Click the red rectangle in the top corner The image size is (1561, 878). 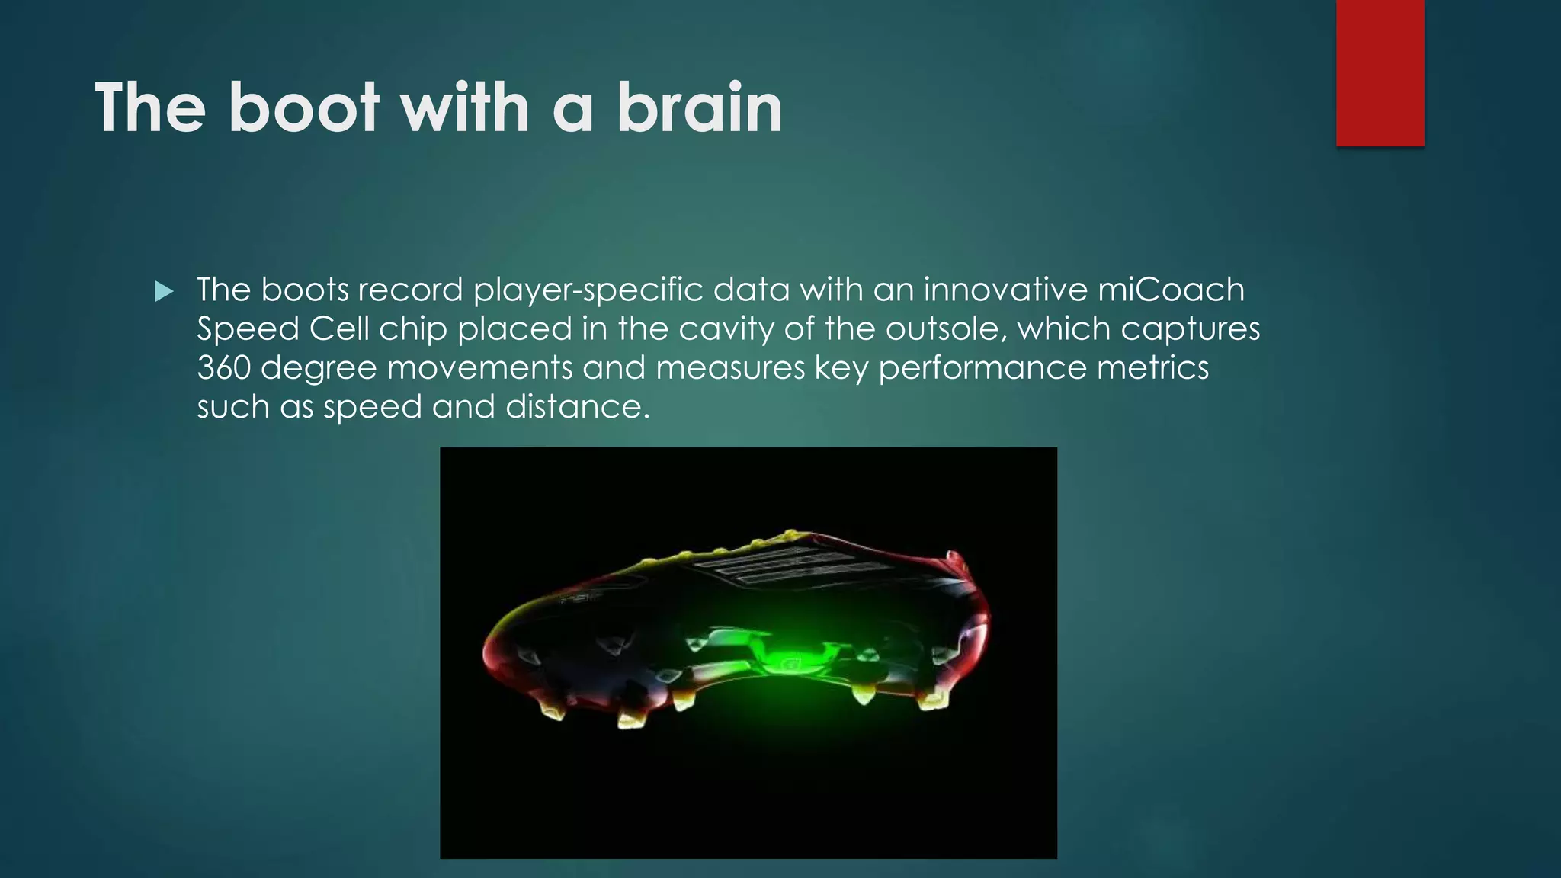point(1380,72)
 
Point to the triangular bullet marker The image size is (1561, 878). point(164,291)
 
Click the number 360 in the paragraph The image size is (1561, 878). point(223,367)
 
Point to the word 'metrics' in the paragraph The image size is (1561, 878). point(1152,367)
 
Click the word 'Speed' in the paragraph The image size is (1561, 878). point(248,328)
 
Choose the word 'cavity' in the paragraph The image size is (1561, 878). point(726,328)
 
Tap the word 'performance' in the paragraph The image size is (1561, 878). point(982,367)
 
